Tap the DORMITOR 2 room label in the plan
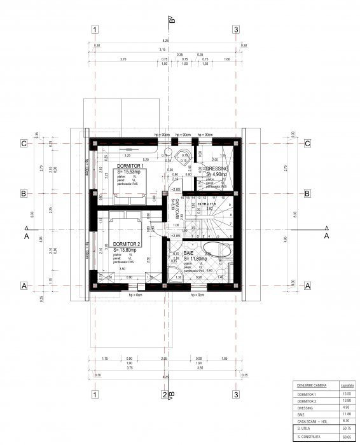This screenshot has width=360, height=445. point(127,244)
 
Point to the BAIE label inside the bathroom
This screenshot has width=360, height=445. point(189,252)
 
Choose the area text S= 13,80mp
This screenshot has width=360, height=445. point(128,250)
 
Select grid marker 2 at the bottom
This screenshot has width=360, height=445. point(165,395)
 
